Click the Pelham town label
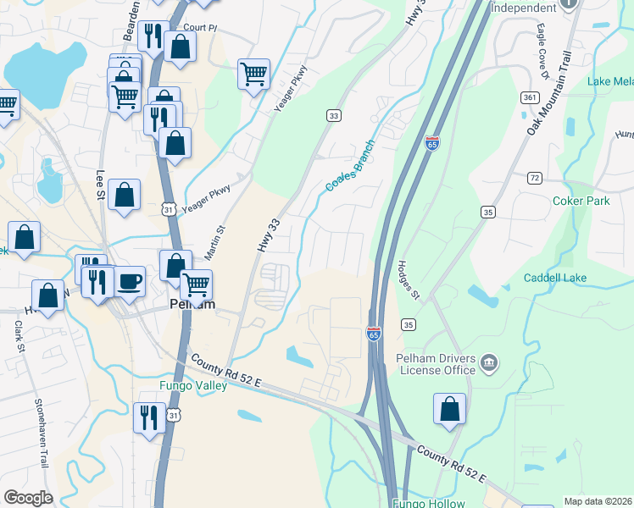click(x=191, y=304)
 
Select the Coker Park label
click(x=581, y=202)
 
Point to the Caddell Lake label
click(x=555, y=278)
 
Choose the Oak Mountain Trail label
click(x=549, y=94)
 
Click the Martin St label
click(x=214, y=241)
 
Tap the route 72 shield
click(x=534, y=177)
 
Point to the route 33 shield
click(x=334, y=115)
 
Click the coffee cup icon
click(x=130, y=281)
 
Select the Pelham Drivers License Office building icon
click(x=489, y=364)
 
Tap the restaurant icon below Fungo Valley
click(x=148, y=417)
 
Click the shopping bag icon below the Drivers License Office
click(x=449, y=409)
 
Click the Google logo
click(x=29, y=498)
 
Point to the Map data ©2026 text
click(x=597, y=501)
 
